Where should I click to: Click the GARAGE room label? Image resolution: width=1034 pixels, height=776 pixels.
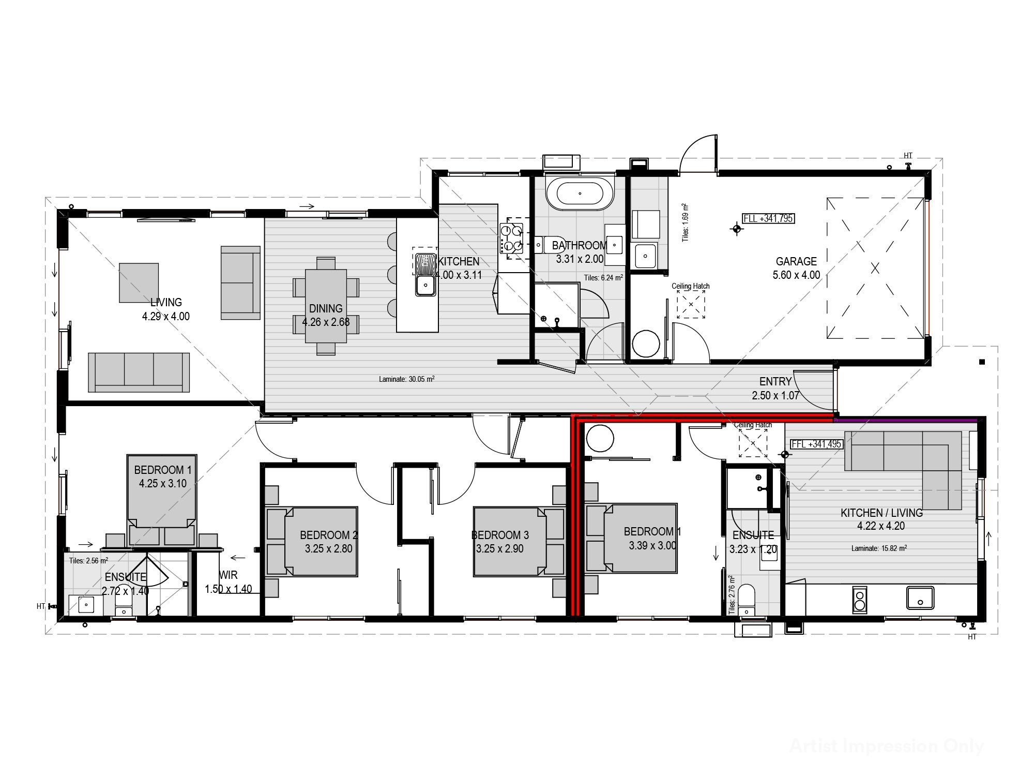click(x=796, y=261)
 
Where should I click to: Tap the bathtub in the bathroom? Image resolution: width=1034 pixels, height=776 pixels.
click(x=580, y=194)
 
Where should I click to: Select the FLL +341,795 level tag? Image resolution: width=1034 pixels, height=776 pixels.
click(x=768, y=218)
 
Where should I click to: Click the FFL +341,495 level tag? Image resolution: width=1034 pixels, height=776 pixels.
click(x=816, y=444)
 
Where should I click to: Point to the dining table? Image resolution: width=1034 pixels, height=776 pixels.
click(x=326, y=306)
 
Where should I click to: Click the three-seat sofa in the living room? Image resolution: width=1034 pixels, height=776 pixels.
click(x=139, y=372)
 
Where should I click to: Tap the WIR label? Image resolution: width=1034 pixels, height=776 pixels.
click(x=228, y=575)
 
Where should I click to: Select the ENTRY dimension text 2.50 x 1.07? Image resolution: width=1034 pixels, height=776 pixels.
click(x=775, y=396)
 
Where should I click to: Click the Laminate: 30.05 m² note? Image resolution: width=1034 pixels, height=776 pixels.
click(x=406, y=379)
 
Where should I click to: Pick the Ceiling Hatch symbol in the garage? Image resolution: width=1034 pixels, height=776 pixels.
click(x=691, y=304)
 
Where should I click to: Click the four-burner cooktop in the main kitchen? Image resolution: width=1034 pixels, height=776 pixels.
click(x=511, y=238)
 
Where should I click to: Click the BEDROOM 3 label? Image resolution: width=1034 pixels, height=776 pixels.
click(x=500, y=535)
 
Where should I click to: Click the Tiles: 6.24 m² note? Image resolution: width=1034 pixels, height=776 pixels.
click(x=603, y=278)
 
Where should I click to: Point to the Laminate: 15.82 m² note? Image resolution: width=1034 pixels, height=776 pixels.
click(x=879, y=548)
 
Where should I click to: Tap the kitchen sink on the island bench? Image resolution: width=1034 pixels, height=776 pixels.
click(x=426, y=283)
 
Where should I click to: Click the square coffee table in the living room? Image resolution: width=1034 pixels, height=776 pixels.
click(x=139, y=282)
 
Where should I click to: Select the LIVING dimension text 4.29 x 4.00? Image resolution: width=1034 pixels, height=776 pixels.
click(x=166, y=316)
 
